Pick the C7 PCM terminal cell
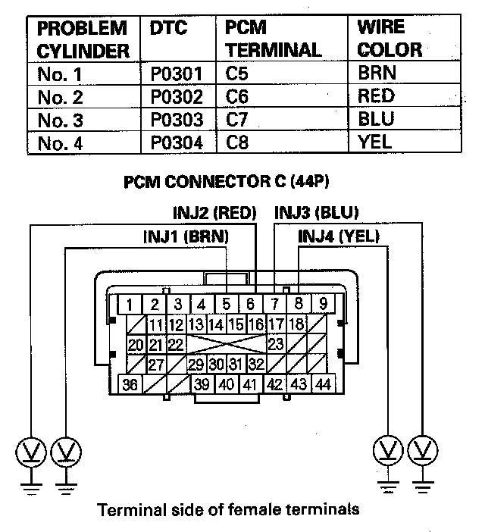(237, 120)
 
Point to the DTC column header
(167, 28)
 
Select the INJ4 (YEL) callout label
(339, 237)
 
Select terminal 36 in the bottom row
(130, 384)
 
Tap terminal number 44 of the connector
(322, 384)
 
